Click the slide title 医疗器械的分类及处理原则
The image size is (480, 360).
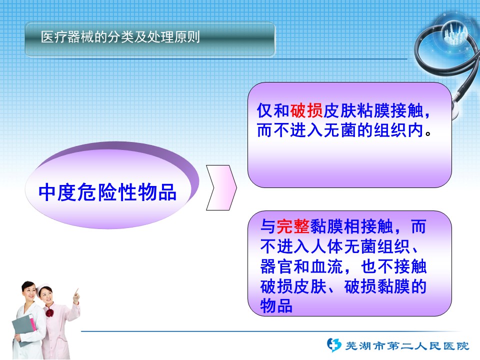(x=120, y=37)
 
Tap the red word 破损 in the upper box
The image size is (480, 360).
(x=306, y=110)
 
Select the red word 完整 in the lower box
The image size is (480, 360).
(x=293, y=226)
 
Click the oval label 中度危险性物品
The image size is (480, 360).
(x=107, y=192)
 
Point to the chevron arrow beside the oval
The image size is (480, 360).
(x=221, y=187)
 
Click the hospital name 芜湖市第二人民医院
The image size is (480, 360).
(x=407, y=345)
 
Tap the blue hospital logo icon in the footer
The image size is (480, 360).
(x=333, y=344)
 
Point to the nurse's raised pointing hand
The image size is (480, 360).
(x=76, y=295)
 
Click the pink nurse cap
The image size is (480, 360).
(x=43, y=287)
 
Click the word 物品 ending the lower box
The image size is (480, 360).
(x=276, y=306)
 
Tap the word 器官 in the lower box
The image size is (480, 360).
(x=276, y=266)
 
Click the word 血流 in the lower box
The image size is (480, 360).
(x=327, y=266)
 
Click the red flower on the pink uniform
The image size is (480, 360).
(x=49, y=313)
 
